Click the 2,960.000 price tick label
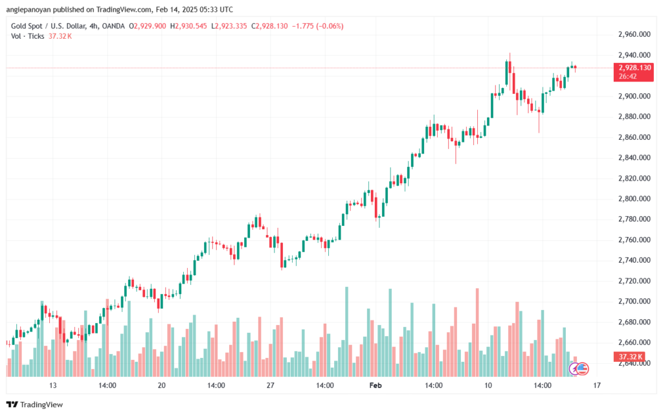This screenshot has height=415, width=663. [x=635, y=34]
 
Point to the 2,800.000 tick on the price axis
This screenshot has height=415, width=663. [x=635, y=199]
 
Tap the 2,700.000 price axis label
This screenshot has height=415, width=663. [x=635, y=301]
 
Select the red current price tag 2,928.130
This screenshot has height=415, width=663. [x=633, y=72]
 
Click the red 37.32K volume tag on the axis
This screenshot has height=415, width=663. [x=629, y=357]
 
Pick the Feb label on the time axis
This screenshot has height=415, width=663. [x=376, y=385]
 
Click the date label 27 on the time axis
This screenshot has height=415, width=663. [x=270, y=385]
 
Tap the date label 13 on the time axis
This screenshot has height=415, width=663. [x=53, y=385]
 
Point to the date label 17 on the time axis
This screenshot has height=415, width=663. [x=596, y=385]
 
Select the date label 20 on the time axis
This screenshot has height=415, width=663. [x=161, y=385]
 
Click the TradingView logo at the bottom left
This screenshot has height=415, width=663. [x=35, y=405]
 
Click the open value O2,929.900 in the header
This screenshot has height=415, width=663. [x=148, y=26]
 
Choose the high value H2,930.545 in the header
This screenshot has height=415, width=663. [x=188, y=26]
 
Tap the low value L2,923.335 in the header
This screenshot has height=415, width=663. [x=229, y=26]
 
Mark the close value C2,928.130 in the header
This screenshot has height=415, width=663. [x=269, y=26]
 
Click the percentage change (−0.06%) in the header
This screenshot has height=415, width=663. [x=330, y=26]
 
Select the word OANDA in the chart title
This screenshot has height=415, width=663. [x=113, y=26]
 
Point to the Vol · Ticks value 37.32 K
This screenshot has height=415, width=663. [x=60, y=36]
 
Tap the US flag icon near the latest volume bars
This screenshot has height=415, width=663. [x=583, y=369]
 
